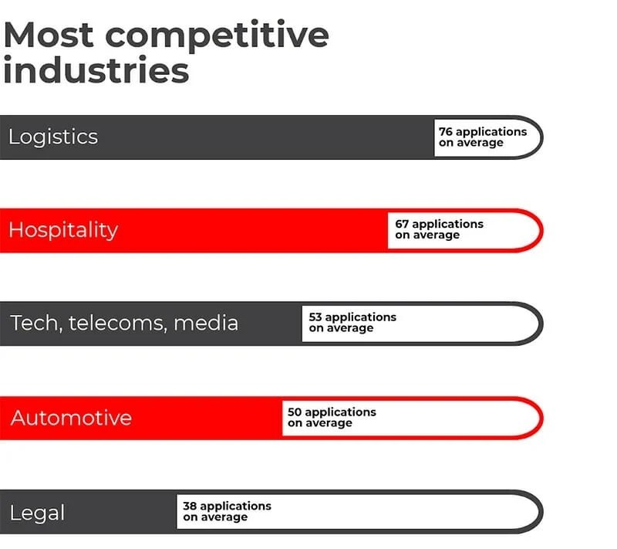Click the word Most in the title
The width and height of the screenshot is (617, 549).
tap(49, 35)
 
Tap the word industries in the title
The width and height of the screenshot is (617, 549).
tap(96, 71)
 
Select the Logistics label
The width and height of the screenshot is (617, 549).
tap(53, 137)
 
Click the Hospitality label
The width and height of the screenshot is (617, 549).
tap(63, 230)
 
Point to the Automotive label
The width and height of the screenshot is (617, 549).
tap(71, 418)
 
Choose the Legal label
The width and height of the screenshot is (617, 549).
tap(37, 513)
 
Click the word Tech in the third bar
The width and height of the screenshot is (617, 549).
tap(35, 323)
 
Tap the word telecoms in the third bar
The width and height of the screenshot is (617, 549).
tap(116, 323)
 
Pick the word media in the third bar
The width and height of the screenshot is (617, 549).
tap(206, 323)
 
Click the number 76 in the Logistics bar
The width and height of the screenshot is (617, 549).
tap(446, 132)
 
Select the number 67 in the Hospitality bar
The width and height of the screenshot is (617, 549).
tap(402, 224)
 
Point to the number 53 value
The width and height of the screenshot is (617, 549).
tap(315, 317)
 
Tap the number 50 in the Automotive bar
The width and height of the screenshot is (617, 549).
tap(295, 412)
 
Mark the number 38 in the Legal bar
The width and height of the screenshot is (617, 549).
tap(190, 506)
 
